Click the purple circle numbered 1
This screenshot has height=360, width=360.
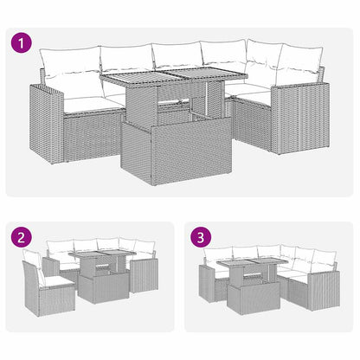coord(19,41)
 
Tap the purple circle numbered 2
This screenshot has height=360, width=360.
coord(19,235)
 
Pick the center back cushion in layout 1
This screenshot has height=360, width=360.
coord(177,56)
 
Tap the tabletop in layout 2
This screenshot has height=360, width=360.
coord(102,257)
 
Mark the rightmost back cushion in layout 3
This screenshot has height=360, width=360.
coord(322,260)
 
